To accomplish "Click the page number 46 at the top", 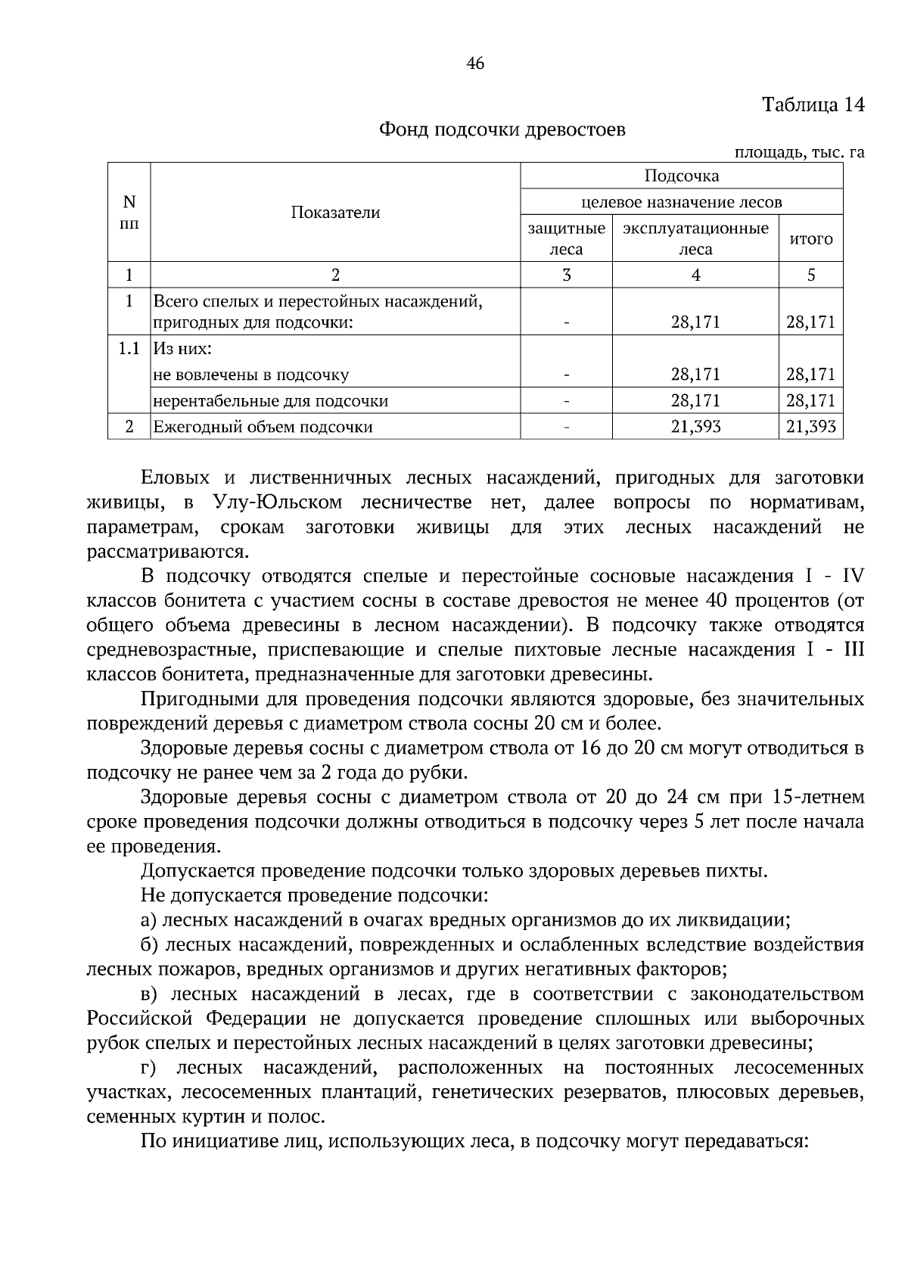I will click(x=475, y=64).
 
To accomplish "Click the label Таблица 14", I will click(x=812, y=104).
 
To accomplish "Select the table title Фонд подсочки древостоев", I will click(x=502, y=129).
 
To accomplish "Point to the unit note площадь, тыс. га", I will click(x=799, y=152).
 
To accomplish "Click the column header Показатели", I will click(x=335, y=213).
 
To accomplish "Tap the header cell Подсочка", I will click(x=681, y=176).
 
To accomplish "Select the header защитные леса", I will click(x=566, y=238).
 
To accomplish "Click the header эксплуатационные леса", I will click(x=695, y=238).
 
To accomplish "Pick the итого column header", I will click(x=810, y=239).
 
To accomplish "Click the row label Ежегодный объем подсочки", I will click(x=263, y=427).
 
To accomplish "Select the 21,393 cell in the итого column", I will click(x=810, y=427).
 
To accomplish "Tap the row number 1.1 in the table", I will click(x=129, y=349).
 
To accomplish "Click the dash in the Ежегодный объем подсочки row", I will click(x=566, y=427).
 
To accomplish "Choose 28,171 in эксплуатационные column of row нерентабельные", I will click(x=695, y=400).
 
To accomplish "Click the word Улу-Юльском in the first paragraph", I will click(x=278, y=502).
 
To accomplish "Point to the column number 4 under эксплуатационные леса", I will click(x=695, y=275).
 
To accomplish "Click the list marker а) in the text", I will click(x=148, y=920).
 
